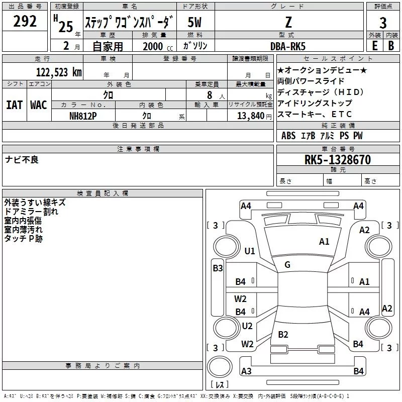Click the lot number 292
point(26,22)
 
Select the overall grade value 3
point(383,23)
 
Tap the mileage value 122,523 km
point(58,72)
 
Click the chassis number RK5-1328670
point(338,160)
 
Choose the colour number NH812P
point(83,115)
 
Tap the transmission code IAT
point(14,105)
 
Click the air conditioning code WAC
point(39,105)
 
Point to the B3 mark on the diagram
point(218,268)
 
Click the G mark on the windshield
point(287,264)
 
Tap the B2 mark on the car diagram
point(283,335)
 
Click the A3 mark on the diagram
point(246,371)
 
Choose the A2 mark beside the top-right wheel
point(364,230)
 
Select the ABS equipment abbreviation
point(288,136)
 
